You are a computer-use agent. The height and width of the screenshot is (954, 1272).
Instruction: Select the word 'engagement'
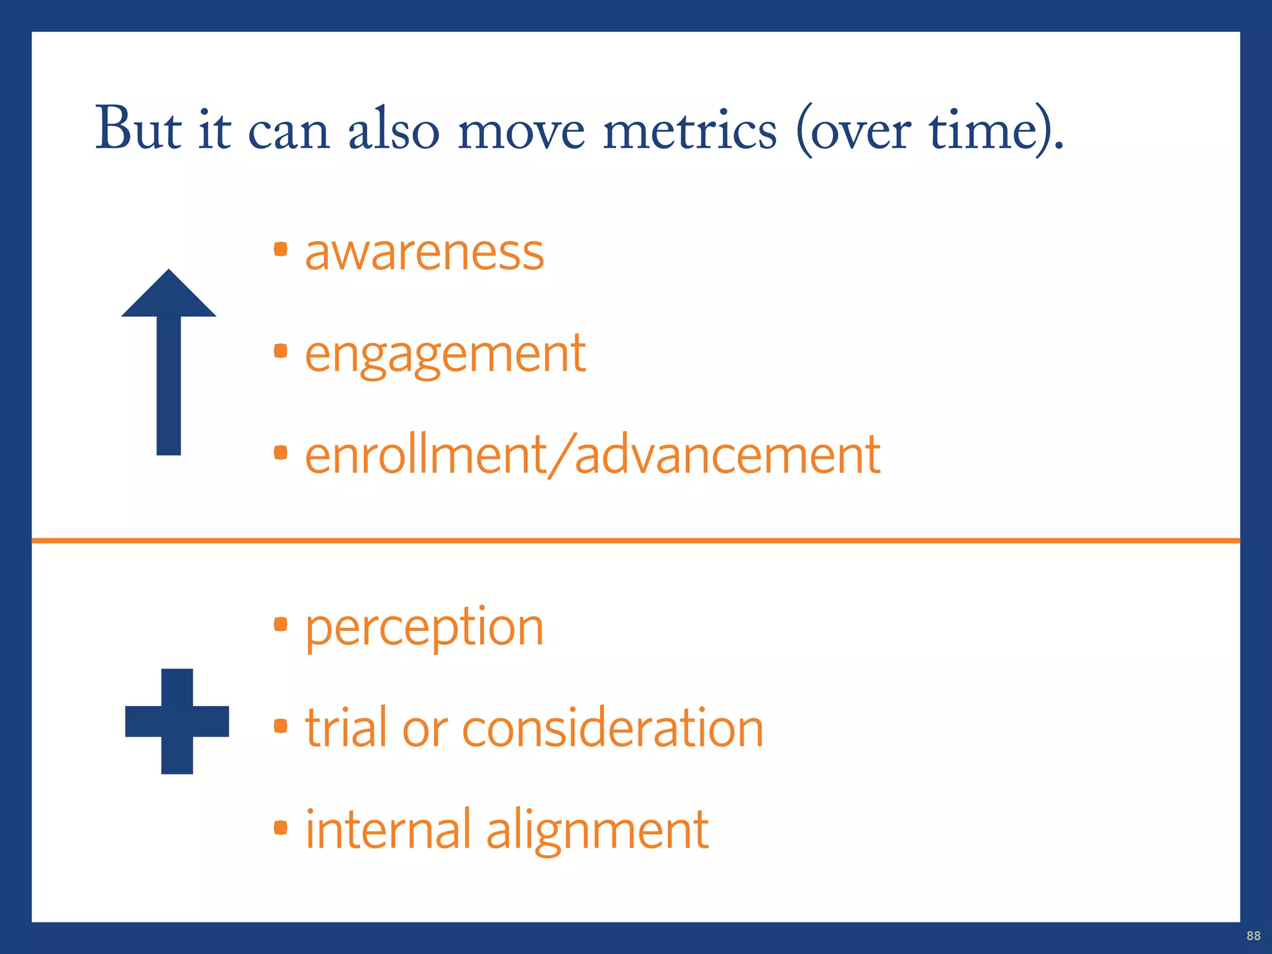point(445,354)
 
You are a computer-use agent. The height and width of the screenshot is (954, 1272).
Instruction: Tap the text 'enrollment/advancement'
point(593,455)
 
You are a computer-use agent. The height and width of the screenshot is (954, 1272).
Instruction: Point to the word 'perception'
point(424,628)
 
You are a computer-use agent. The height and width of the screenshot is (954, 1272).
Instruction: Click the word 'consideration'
point(612,728)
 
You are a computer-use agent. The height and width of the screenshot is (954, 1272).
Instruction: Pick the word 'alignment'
point(597,830)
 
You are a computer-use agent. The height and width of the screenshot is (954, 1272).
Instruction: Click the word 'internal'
point(388,830)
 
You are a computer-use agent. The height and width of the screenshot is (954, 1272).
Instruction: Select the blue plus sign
point(177,721)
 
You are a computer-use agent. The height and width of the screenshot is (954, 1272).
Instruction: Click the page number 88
point(1253,936)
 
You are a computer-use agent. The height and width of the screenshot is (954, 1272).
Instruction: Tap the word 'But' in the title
point(138,129)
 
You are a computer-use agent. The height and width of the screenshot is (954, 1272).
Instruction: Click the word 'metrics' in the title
point(689,130)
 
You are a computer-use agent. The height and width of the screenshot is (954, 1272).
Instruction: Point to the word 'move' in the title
point(521,132)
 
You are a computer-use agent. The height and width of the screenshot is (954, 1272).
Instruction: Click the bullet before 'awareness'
point(281,250)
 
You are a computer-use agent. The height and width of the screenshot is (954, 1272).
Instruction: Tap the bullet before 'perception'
point(281,624)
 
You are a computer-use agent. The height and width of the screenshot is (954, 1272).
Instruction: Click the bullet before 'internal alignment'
point(281,827)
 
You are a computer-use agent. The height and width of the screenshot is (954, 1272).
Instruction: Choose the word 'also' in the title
point(393,130)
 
